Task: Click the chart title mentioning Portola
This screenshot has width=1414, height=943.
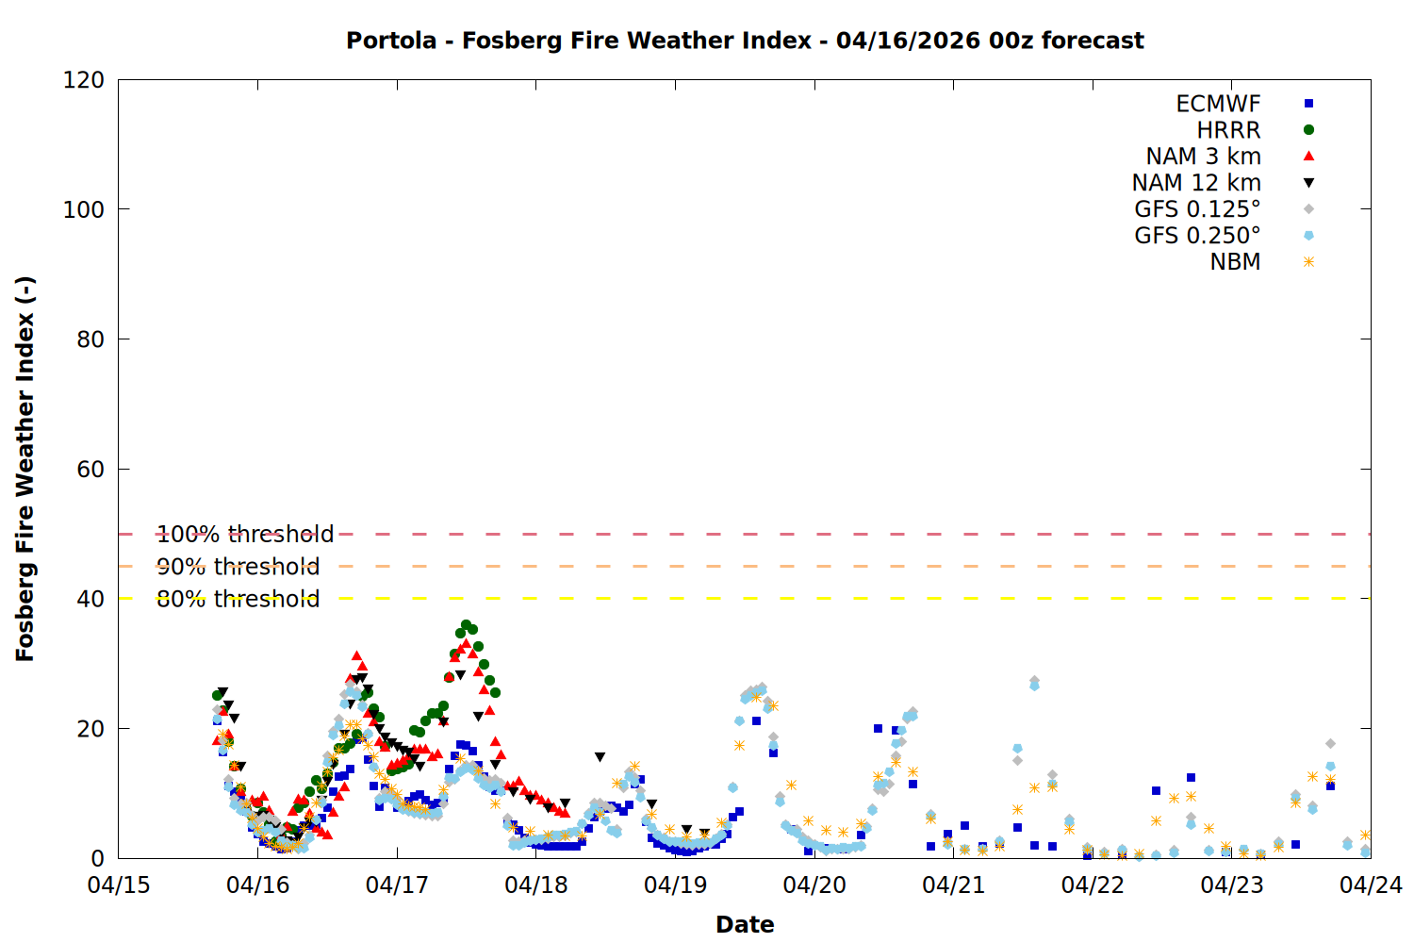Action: (x=745, y=41)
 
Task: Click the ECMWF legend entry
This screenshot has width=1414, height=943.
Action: (x=1218, y=104)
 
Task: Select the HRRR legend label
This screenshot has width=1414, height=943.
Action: (x=1228, y=130)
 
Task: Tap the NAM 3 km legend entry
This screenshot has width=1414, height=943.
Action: (x=1203, y=157)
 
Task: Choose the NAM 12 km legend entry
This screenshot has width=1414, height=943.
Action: (x=1196, y=183)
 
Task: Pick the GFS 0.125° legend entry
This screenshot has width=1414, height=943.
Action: (x=1197, y=209)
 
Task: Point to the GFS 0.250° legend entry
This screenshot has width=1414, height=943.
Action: (x=1197, y=236)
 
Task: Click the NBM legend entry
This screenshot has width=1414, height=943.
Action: (x=1235, y=262)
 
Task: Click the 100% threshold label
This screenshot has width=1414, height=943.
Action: (x=245, y=535)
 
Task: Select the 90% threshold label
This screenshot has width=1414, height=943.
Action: (x=238, y=567)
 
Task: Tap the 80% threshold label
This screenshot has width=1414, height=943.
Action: (x=238, y=599)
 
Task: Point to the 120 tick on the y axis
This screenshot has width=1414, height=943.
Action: (x=84, y=80)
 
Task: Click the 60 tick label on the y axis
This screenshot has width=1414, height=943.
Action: (x=90, y=470)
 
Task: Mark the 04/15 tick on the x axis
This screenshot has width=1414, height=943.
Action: (x=119, y=885)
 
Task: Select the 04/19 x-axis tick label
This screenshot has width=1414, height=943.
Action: (x=675, y=885)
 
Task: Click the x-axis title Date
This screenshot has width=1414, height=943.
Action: (x=745, y=924)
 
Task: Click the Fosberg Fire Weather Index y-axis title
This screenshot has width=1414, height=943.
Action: (x=25, y=469)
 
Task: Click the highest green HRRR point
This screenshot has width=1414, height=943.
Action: (x=466, y=625)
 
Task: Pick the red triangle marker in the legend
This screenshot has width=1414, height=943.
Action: (x=1308, y=157)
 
